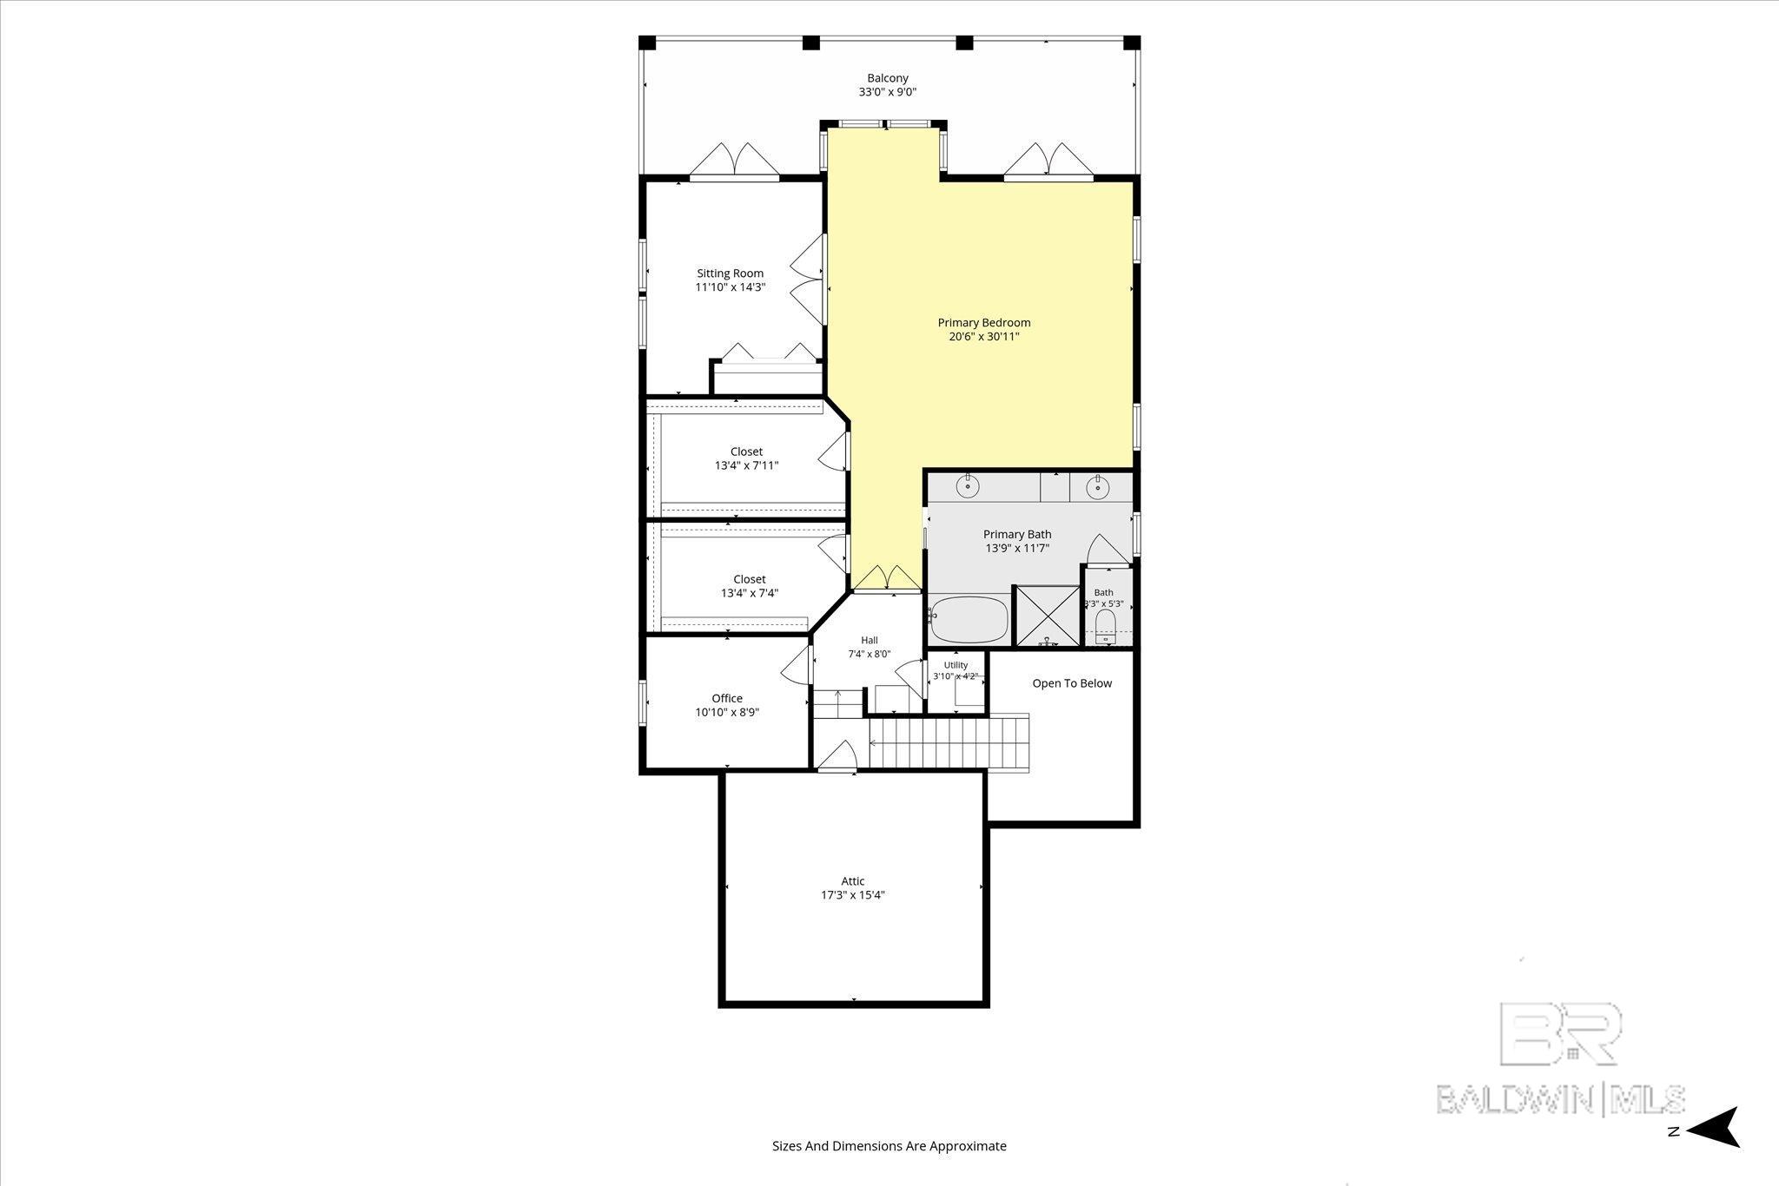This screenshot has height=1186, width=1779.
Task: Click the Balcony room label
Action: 888,78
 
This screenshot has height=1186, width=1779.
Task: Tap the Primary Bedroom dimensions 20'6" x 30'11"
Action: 983,337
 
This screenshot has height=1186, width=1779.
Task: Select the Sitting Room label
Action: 730,273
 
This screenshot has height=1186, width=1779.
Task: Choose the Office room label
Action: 727,698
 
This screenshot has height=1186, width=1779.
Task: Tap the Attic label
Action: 852,881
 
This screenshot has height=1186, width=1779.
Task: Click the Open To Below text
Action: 1072,683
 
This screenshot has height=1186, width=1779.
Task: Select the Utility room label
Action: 956,665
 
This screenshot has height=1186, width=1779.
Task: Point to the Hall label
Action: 870,641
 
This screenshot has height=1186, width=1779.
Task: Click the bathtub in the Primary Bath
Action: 968,619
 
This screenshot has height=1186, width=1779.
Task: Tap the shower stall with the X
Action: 1047,616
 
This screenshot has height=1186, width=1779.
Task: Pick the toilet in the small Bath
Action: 1105,625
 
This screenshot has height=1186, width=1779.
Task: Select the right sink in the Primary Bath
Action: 1098,487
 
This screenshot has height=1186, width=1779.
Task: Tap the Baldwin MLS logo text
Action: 1560,1098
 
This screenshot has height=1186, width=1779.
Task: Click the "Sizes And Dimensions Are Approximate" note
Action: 889,1145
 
